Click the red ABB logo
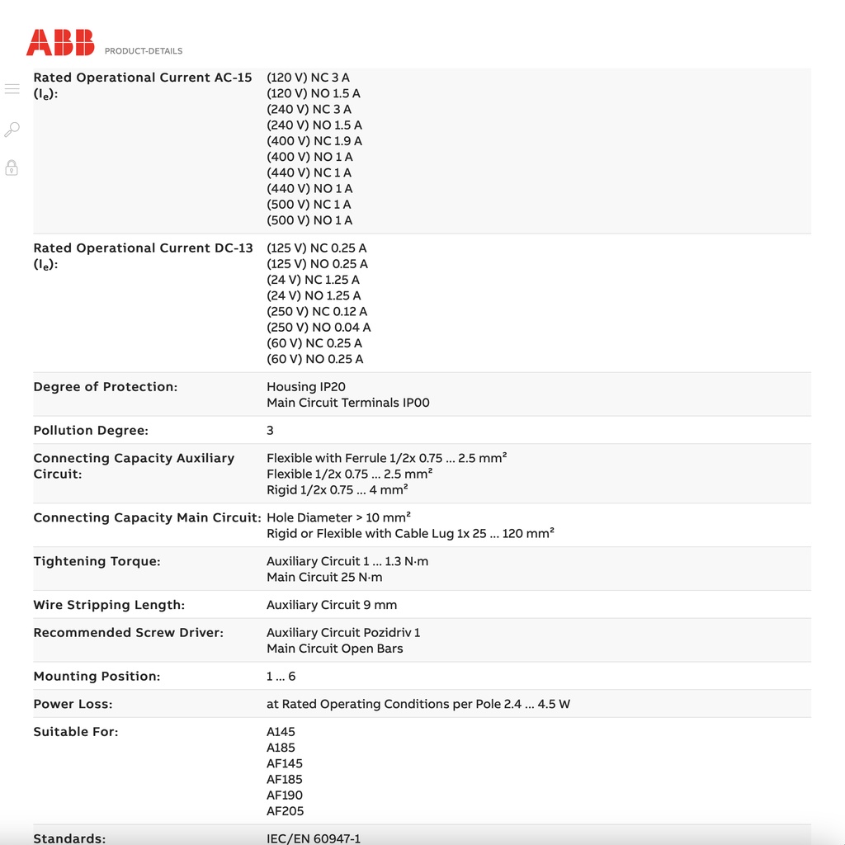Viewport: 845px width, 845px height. (60, 43)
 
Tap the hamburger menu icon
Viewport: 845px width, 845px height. (12, 89)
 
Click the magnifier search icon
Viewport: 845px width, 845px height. (12, 130)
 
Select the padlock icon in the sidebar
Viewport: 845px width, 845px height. (12, 168)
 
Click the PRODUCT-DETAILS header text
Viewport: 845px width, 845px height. (144, 51)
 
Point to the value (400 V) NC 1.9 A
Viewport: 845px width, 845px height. (314, 141)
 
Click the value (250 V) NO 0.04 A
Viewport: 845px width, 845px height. (319, 328)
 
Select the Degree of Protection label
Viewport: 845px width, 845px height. (106, 387)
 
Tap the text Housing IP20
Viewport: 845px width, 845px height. (306, 387)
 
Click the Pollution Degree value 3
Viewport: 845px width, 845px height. (270, 431)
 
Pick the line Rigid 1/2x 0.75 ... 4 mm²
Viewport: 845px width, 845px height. (338, 490)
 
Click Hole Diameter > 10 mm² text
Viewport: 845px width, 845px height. (338, 517)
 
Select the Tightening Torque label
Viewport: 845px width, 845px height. (97, 561)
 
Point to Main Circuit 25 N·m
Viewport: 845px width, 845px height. (324, 578)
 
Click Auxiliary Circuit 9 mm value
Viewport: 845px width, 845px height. (332, 605)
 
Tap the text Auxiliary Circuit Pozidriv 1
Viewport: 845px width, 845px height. (343, 633)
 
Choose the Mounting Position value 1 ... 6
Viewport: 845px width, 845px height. (281, 677)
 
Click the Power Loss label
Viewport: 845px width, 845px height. (73, 704)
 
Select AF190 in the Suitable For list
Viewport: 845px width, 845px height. (285, 795)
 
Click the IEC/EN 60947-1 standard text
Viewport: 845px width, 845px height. (314, 838)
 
